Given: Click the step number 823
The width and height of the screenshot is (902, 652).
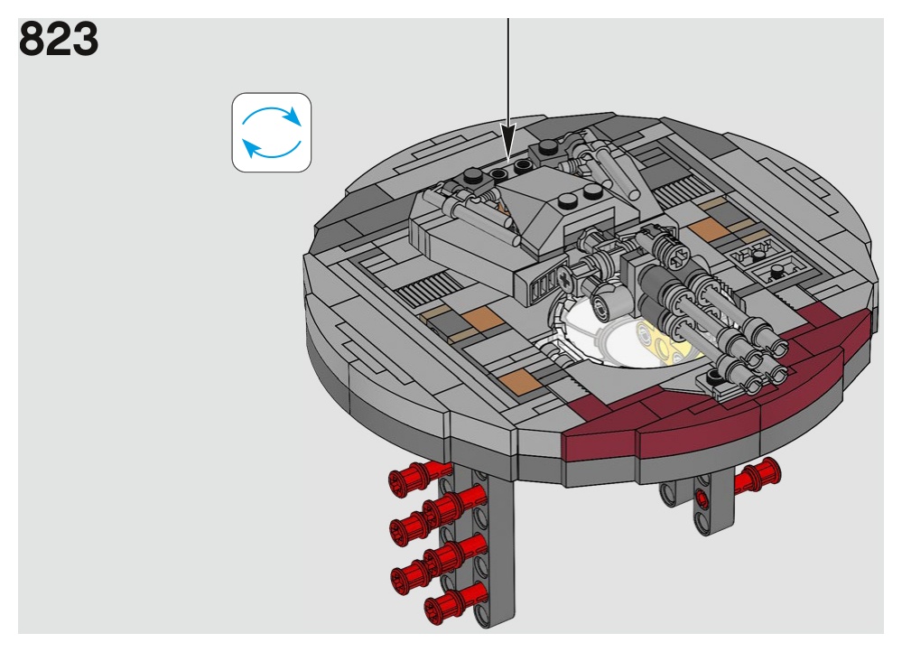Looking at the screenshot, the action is [x=59, y=39].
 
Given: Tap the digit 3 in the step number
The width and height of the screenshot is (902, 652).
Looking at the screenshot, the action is [x=85, y=39].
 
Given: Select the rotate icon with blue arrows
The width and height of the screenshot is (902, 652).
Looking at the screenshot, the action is [x=272, y=133].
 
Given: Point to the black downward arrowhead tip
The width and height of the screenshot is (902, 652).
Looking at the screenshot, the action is [x=508, y=159].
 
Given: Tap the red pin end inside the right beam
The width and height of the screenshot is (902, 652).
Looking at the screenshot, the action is [x=702, y=498].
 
